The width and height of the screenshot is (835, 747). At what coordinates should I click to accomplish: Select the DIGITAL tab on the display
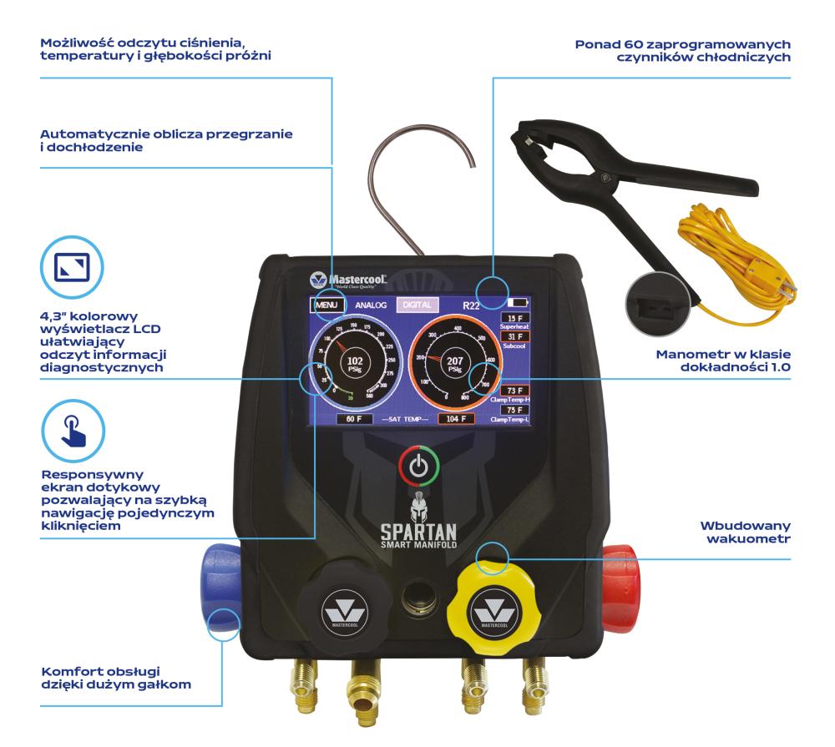[x=417, y=305]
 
